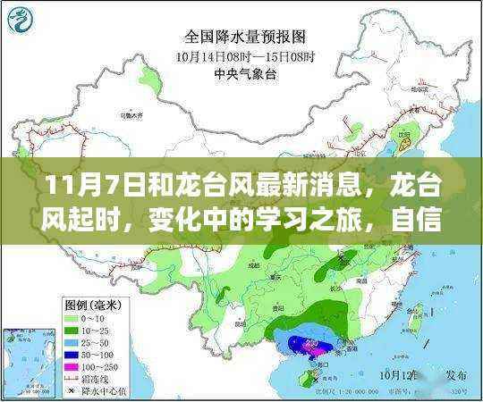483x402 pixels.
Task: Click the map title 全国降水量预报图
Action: (x=244, y=37)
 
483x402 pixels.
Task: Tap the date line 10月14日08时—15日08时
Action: (x=244, y=55)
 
